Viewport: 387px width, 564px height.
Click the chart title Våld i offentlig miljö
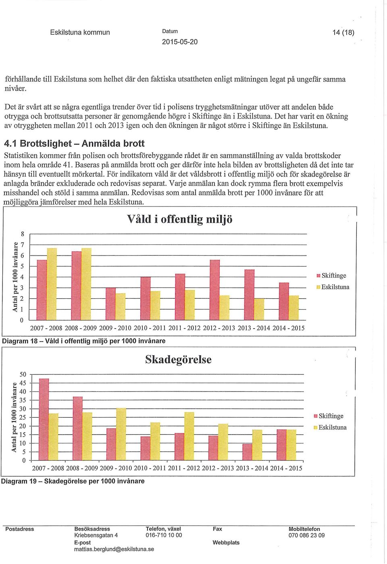pos(179,219)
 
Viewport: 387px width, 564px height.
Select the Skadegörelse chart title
pos(178,359)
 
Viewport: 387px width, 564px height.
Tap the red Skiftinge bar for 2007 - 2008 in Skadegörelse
pos(44,420)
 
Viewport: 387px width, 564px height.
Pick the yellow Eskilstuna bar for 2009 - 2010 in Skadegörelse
pos(121,434)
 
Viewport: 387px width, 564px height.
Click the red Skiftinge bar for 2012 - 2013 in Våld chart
pos(214,290)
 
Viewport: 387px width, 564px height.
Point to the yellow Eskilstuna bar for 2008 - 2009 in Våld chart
pos(86,284)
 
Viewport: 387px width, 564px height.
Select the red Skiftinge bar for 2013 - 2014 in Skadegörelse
pos(247,452)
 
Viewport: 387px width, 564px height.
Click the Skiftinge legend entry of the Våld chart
pos(331,275)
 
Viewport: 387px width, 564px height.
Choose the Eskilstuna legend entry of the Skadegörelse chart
pos(330,427)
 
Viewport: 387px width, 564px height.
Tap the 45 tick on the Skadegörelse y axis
pos(23,383)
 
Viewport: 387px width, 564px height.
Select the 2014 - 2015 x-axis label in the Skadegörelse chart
pos(286,468)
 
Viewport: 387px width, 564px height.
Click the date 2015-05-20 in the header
pos(180,42)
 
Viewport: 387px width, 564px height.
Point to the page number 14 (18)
pos(343,33)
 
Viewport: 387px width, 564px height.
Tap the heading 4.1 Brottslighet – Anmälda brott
pos(74,144)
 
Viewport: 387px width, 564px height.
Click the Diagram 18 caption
pos(84,341)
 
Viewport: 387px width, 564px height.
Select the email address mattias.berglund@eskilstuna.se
pos(114,549)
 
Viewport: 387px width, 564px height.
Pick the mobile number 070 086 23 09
pos(306,535)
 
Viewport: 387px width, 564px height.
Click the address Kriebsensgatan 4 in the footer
pos(96,535)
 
